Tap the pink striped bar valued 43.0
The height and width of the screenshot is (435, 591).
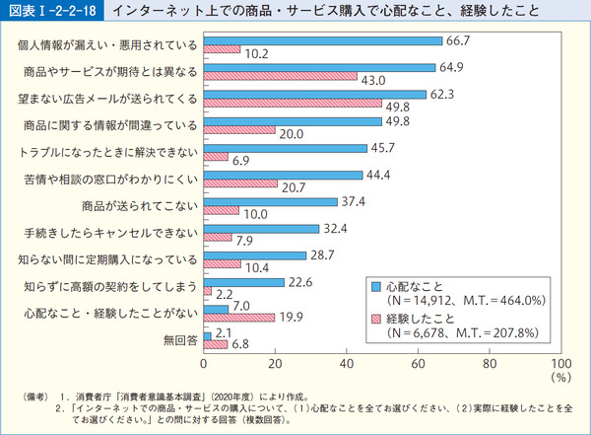(280, 76)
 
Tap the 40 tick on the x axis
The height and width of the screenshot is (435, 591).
(347, 363)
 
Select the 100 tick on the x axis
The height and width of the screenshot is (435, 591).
(561, 363)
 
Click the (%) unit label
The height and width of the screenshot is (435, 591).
(561, 376)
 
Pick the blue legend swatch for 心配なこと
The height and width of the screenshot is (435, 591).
(375, 286)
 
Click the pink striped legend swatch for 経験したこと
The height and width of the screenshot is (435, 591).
(375, 318)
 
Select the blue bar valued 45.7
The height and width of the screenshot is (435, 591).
(284, 148)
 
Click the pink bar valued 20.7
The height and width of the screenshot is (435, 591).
(239, 184)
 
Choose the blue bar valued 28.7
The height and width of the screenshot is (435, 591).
(254, 255)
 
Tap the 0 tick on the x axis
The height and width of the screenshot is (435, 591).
(203, 363)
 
